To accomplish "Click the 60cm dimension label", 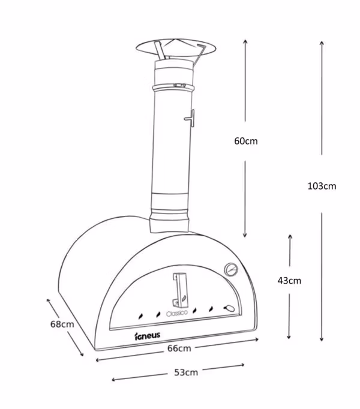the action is coord(245,141).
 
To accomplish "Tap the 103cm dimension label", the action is coord(322,187).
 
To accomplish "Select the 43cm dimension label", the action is coord(289,281).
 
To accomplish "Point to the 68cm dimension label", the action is coord(62,324).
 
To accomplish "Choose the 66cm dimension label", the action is coord(179,348).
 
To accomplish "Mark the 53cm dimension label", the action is coord(186,372).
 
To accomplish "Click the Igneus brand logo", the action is coord(147,336).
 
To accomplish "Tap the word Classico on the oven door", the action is coord(177,313).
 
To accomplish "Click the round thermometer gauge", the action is coord(231,269).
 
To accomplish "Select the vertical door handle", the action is coord(180,290).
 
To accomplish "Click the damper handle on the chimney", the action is coord(190,118).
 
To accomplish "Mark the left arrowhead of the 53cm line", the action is coord(113,380).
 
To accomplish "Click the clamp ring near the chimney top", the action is coord(173,88).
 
